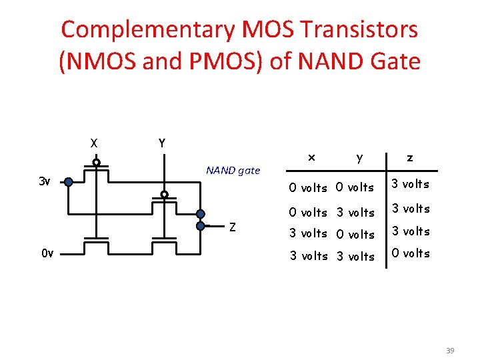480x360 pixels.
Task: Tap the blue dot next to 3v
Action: [68, 181]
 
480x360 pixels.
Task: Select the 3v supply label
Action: [44, 181]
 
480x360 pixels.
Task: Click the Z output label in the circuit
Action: [232, 227]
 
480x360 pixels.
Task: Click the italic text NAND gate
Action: [233, 170]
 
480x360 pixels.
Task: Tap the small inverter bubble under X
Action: [96, 162]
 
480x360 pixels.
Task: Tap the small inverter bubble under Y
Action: [164, 195]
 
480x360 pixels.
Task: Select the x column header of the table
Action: [310, 157]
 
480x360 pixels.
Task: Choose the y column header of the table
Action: [359, 158]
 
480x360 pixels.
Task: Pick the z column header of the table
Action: [409, 158]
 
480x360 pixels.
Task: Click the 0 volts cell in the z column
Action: [411, 253]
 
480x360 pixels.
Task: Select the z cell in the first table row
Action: [411, 184]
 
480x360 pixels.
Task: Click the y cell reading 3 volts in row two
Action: [356, 213]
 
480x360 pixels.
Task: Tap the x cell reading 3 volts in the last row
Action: [307, 256]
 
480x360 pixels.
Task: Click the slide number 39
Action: [449, 350]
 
